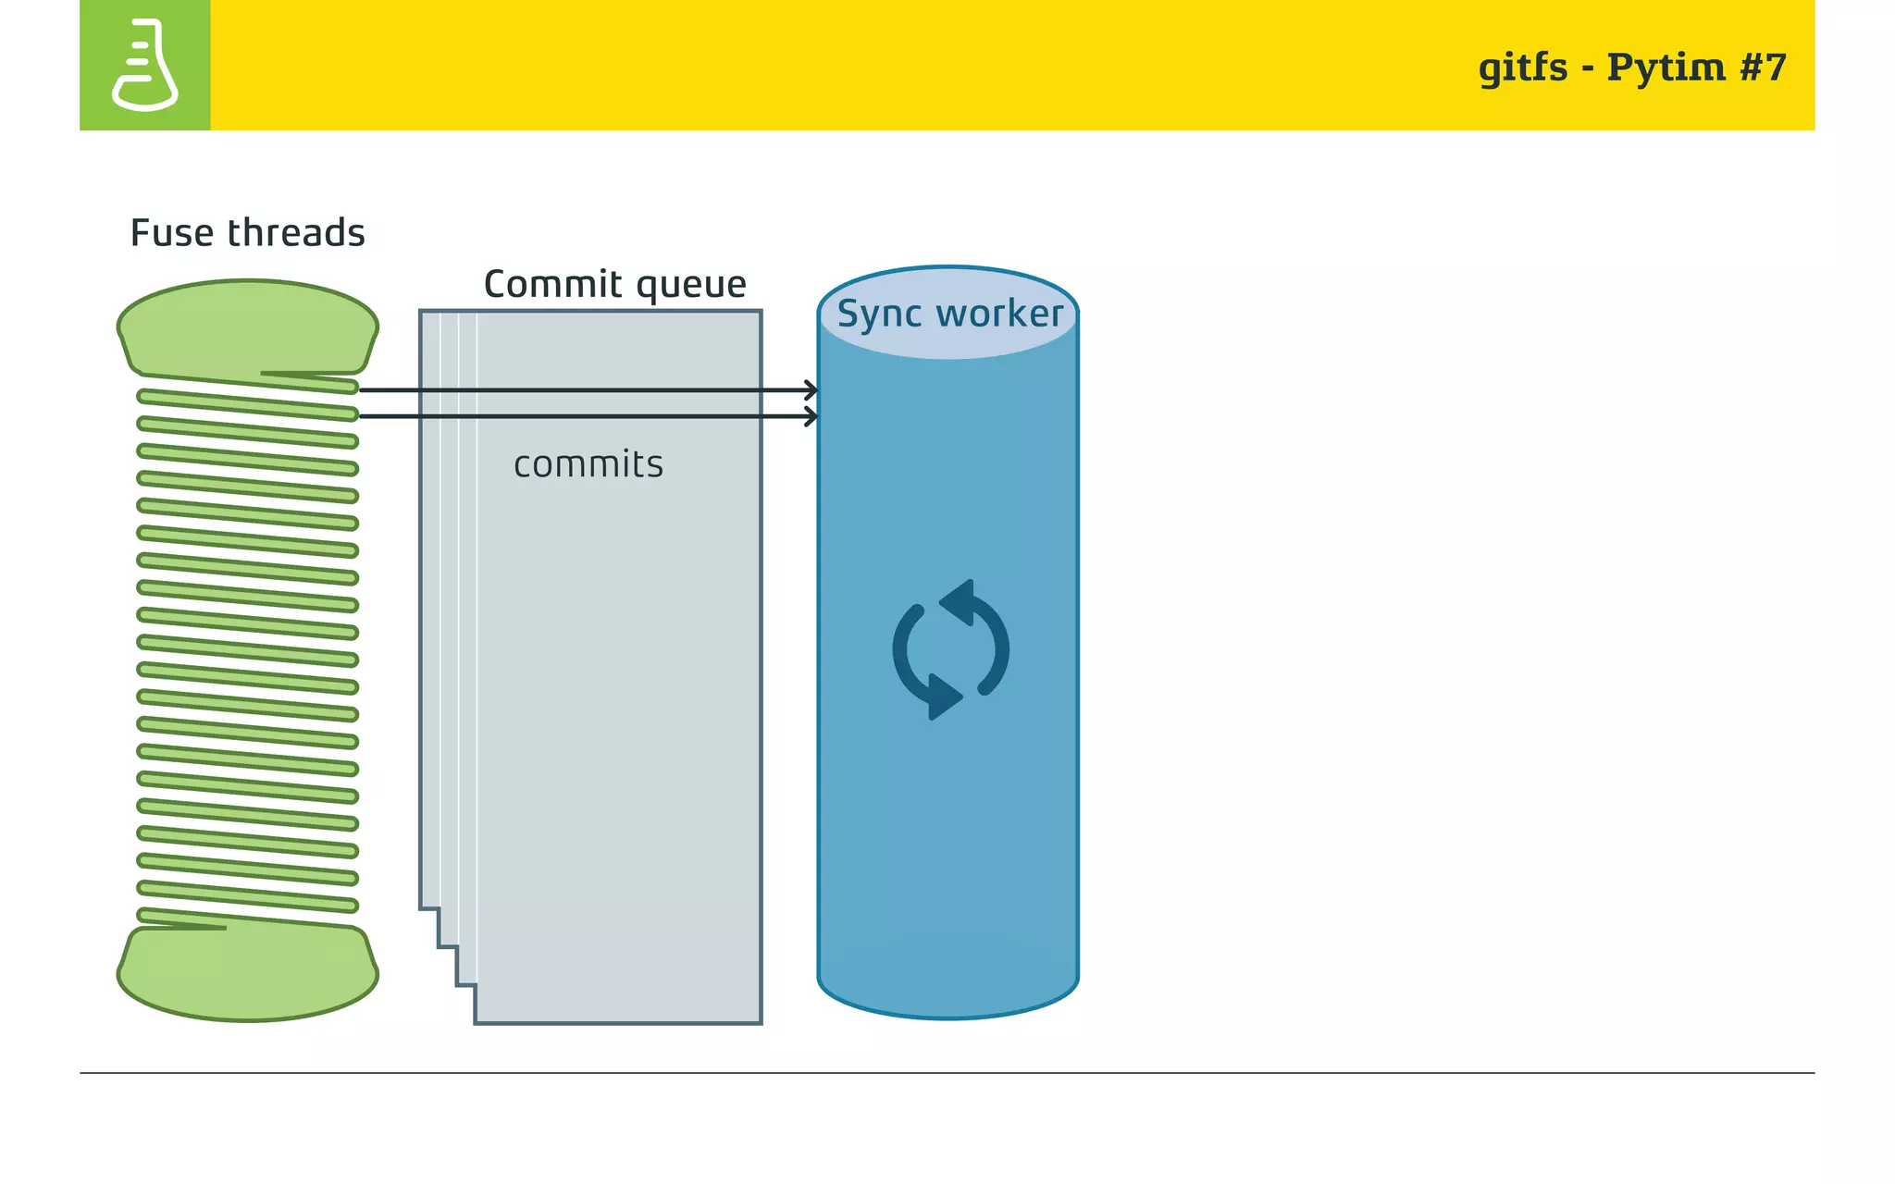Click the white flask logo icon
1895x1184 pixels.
pyautogui.click(x=144, y=65)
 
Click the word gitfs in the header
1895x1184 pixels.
pyautogui.click(x=1522, y=68)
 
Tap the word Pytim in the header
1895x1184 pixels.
pyautogui.click(x=1666, y=68)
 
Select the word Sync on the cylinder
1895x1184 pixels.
pyautogui.click(x=878, y=314)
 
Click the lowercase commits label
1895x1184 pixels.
pyautogui.click(x=588, y=464)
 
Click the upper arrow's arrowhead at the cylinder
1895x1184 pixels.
pyautogui.click(x=811, y=390)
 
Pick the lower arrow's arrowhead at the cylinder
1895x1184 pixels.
pyautogui.click(x=811, y=417)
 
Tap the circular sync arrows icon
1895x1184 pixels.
pyautogui.click(x=950, y=649)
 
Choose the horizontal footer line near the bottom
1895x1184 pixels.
pyautogui.click(x=947, y=1073)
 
